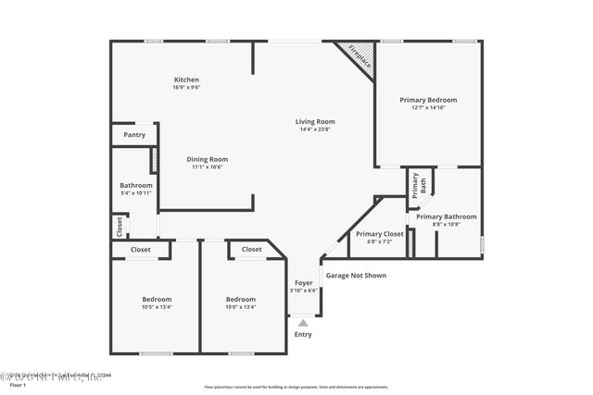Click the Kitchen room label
[187, 80]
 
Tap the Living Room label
[315, 121]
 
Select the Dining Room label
[208, 159]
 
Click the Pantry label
[134, 135]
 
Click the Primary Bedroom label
[428, 100]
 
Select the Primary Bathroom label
[446, 216]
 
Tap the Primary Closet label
[380, 234]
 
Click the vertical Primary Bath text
[415, 184]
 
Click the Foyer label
[304, 282]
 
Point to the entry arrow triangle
[303, 323]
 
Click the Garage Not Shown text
[356, 275]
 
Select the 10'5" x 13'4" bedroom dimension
[156, 307]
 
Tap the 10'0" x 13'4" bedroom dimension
[240, 307]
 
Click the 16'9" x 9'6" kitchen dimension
[187, 88]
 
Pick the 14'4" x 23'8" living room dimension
[315, 130]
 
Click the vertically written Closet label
[120, 225]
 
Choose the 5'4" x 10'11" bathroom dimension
[136, 193]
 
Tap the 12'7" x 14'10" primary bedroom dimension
[428, 108]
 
